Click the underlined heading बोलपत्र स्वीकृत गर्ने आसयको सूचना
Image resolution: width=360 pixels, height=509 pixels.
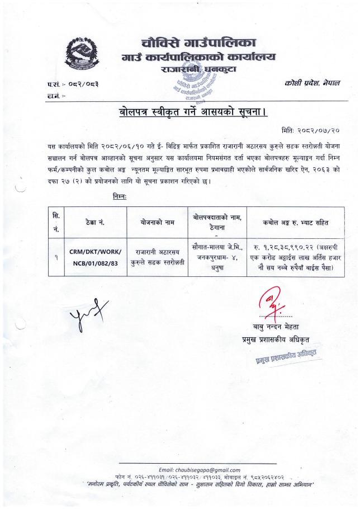[193, 112]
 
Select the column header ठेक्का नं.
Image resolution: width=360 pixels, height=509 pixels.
[91, 222]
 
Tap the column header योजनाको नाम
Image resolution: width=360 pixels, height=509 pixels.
[158, 222]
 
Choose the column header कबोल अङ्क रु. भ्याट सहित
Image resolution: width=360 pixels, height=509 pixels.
[289, 222]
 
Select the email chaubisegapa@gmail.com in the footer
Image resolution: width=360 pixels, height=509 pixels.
[200, 470]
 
